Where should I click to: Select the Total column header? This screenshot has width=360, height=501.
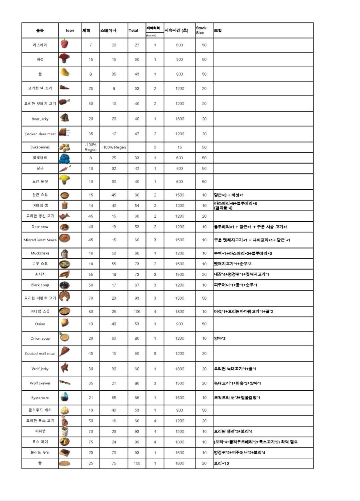133,30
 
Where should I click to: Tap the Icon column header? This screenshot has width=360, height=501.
70,30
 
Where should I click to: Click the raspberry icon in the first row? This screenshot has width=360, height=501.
64,44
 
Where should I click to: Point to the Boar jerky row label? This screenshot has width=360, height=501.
40,119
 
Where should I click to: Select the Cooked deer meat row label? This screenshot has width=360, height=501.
40,134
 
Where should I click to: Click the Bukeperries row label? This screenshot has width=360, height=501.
40,147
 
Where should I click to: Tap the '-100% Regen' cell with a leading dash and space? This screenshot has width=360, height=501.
114,147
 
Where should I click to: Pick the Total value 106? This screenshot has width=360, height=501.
137,311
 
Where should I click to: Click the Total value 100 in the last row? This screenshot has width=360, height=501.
137,463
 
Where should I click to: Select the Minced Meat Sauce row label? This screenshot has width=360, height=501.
40,240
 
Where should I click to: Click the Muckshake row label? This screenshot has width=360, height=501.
40,253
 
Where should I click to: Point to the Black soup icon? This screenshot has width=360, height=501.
64,285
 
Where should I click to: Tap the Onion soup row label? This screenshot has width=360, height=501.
40,339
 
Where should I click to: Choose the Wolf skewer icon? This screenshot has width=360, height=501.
64,383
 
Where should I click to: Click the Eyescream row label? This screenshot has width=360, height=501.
40,398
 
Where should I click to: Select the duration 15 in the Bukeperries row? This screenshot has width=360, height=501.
180,147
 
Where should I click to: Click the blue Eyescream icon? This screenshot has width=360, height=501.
64,397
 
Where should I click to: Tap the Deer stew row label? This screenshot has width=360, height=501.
40,227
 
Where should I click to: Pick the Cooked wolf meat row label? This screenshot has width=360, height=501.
40,354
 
